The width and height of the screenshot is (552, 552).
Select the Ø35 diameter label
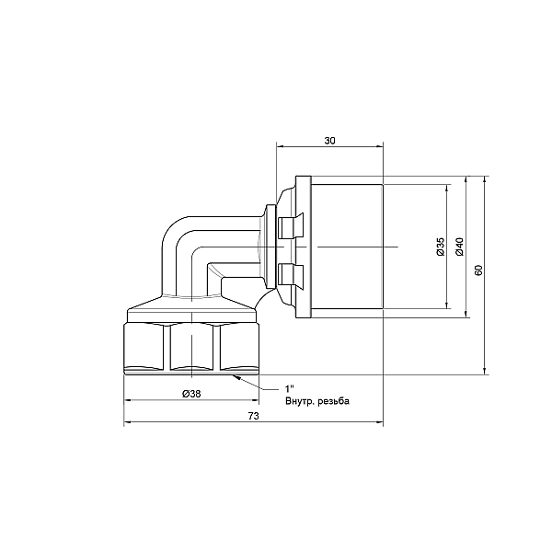click(x=441, y=246)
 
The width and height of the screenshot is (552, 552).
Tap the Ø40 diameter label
click(x=459, y=246)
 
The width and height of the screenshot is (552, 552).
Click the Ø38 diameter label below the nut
click(x=192, y=394)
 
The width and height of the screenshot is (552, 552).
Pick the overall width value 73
click(x=254, y=417)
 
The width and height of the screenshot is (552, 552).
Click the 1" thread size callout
click(x=289, y=388)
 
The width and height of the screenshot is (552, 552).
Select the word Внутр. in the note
click(x=303, y=401)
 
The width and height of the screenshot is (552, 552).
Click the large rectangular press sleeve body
click(x=348, y=247)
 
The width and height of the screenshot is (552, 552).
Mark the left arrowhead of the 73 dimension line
click(x=127, y=423)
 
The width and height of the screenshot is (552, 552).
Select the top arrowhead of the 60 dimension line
click(x=484, y=173)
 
